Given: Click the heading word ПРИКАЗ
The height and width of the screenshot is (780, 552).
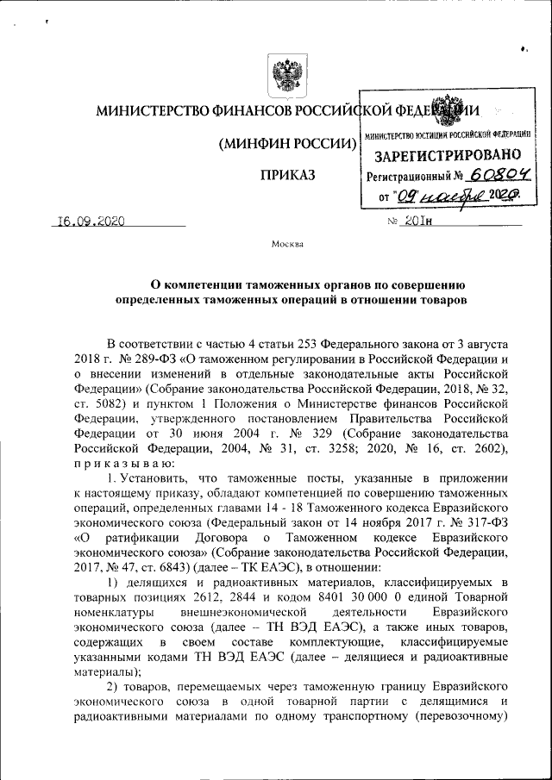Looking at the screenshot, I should pos(287,176).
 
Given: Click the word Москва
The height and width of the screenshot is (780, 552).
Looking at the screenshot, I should pos(287,244).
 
